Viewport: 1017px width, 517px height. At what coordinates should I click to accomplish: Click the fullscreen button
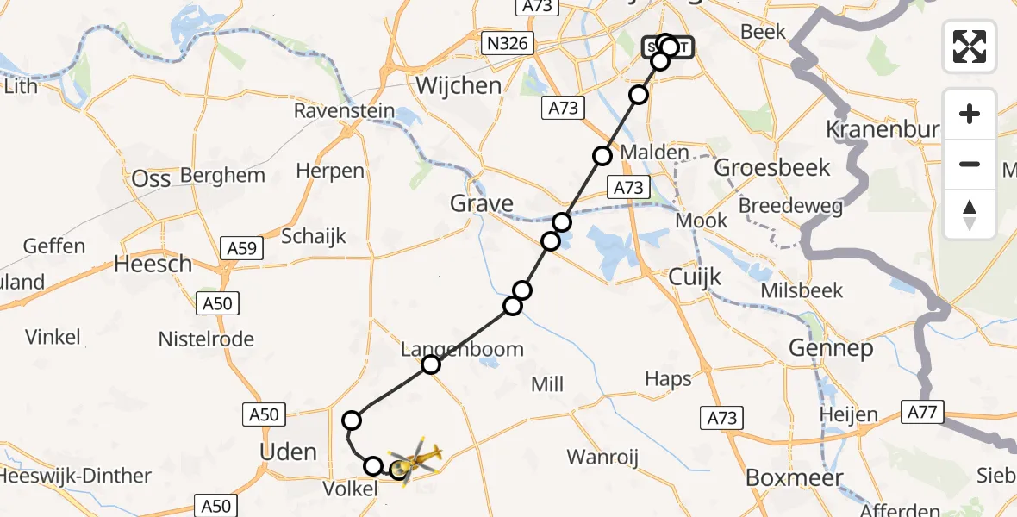970,46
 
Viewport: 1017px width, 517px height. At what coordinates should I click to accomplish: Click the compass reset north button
970,215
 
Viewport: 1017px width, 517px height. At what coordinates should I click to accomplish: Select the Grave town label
482,204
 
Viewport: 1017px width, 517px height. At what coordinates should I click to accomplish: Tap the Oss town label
151,178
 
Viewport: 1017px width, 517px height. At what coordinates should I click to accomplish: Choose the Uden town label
288,452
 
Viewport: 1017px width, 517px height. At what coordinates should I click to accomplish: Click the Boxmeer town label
782,477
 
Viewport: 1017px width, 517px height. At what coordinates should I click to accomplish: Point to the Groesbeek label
772,167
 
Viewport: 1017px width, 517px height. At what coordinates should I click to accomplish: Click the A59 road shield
242,248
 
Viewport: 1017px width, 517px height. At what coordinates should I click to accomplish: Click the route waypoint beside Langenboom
431,365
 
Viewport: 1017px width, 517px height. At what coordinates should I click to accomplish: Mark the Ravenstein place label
344,111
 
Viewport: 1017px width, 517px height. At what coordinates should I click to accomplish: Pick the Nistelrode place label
206,339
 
